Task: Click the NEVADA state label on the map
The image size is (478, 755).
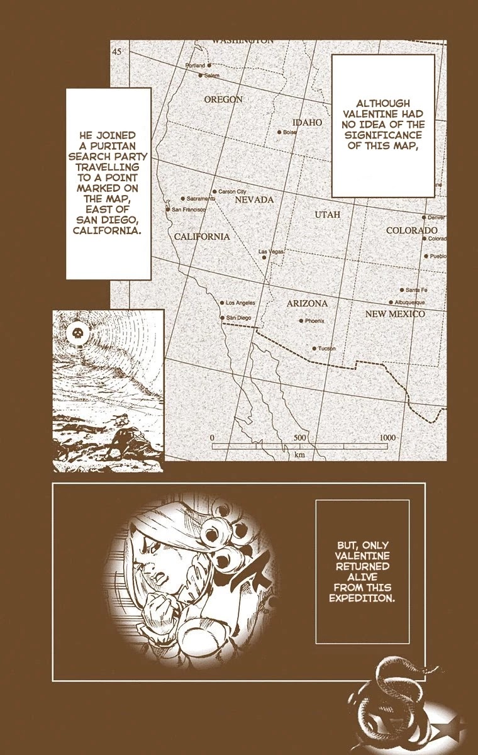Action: (254, 199)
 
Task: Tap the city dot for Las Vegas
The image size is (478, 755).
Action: (264, 257)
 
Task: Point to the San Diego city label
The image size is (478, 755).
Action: (239, 318)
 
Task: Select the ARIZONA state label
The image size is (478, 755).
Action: (307, 303)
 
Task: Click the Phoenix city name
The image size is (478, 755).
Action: (314, 321)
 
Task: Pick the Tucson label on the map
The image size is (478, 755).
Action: (326, 349)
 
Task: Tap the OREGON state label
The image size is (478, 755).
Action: (223, 99)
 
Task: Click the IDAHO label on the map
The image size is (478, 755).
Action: (308, 122)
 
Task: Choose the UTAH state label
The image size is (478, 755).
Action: (327, 215)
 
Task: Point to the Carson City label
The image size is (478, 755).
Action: (232, 191)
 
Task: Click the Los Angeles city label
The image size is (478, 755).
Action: (241, 302)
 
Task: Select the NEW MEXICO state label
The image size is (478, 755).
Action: (395, 313)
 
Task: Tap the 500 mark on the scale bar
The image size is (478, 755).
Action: (299, 437)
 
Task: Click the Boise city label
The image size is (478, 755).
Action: (289, 133)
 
